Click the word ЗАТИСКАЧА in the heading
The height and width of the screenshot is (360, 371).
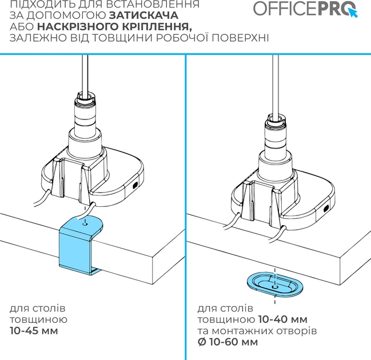pyautogui.click(x=144, y=15)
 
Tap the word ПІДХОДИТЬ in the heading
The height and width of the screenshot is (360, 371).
pyautogui.click(x=41, y=4)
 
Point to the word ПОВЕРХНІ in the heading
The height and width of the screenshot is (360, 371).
pyautogui.click(x=240, y=38)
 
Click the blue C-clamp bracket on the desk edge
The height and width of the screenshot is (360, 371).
pyautogui.click(x=81, y=245)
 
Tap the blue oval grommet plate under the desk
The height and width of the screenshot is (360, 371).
pyautogui.click(x=275, y=283)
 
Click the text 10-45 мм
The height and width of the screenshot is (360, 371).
pyautogui.click(x=34, y=331)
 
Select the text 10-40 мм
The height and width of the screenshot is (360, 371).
pyautogui.click(x=282, y=319)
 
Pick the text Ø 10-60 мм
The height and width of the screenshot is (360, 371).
pyautogui.click(x=228, y=342)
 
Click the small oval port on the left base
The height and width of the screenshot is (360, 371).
pyautogui.click(x=135, y=185)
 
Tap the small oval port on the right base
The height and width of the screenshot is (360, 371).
pyautogui.click(x=326, y=209)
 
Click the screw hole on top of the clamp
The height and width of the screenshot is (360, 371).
pyautogui.click(x=85, y=223)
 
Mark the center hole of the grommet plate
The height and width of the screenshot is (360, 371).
pyautogui.click(x=275, y=287)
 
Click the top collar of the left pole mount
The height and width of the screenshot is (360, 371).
pyautogui.click(x=85, y=97)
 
